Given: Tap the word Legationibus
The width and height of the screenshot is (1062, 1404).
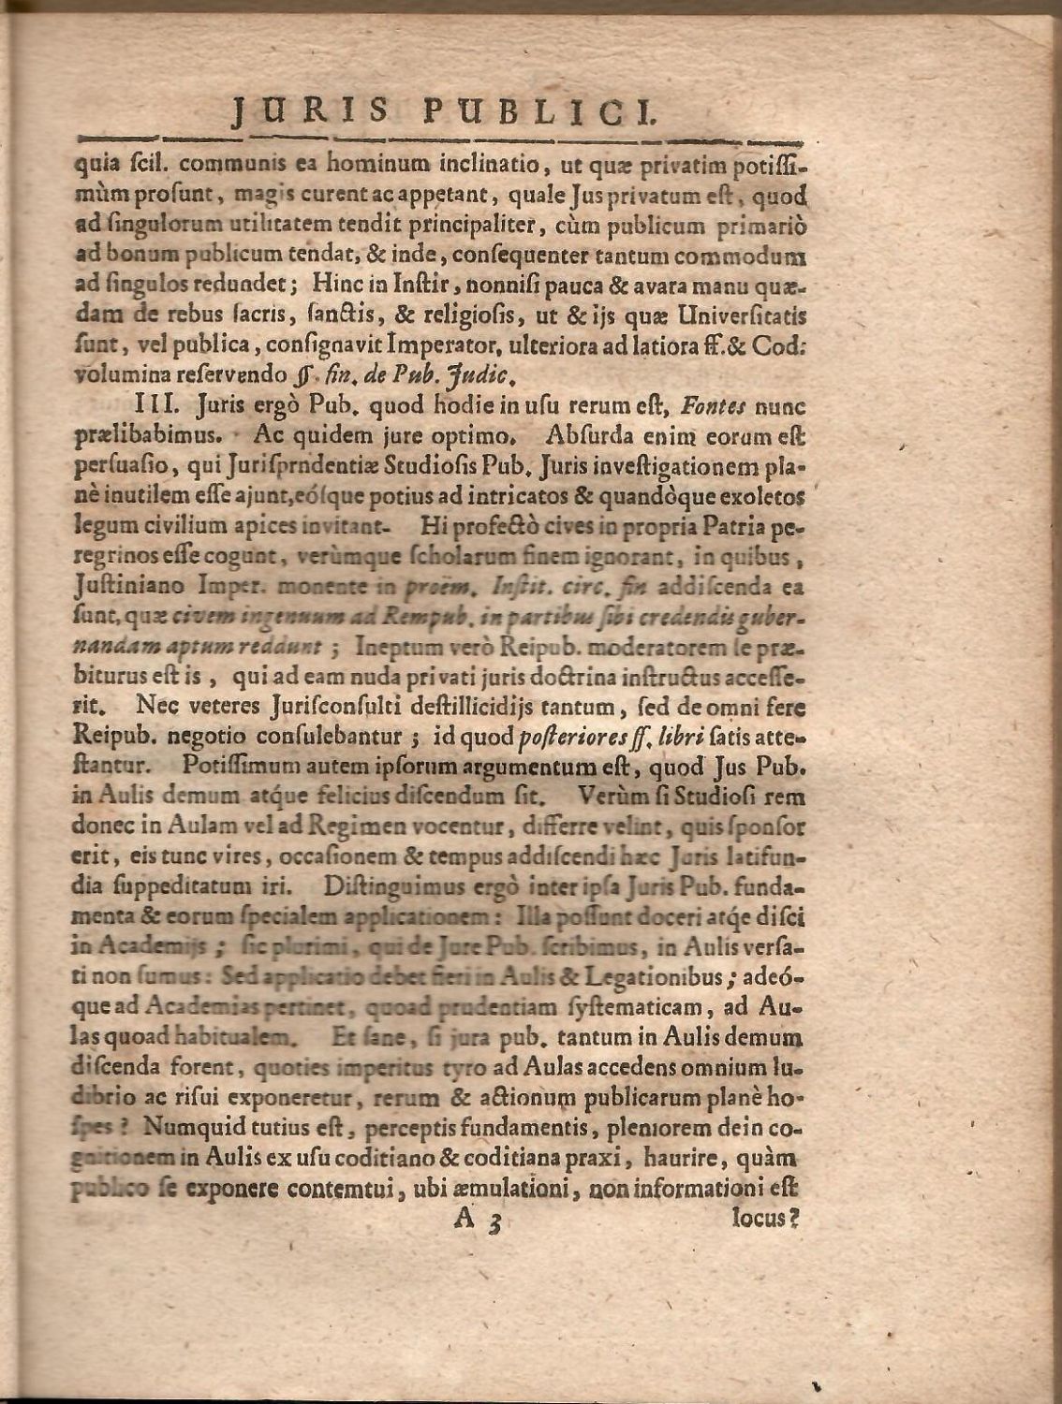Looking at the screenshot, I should pos(649,974).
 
